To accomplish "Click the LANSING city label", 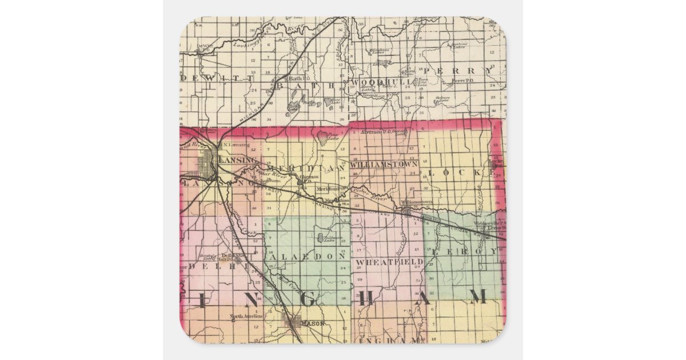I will coord(236,160).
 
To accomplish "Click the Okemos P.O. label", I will coord(309,179).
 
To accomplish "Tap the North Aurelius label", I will coord(246,316).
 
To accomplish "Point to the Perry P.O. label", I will coord(460,81).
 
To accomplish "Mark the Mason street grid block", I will coord(294,325).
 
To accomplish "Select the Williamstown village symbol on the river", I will coord(406,211).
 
